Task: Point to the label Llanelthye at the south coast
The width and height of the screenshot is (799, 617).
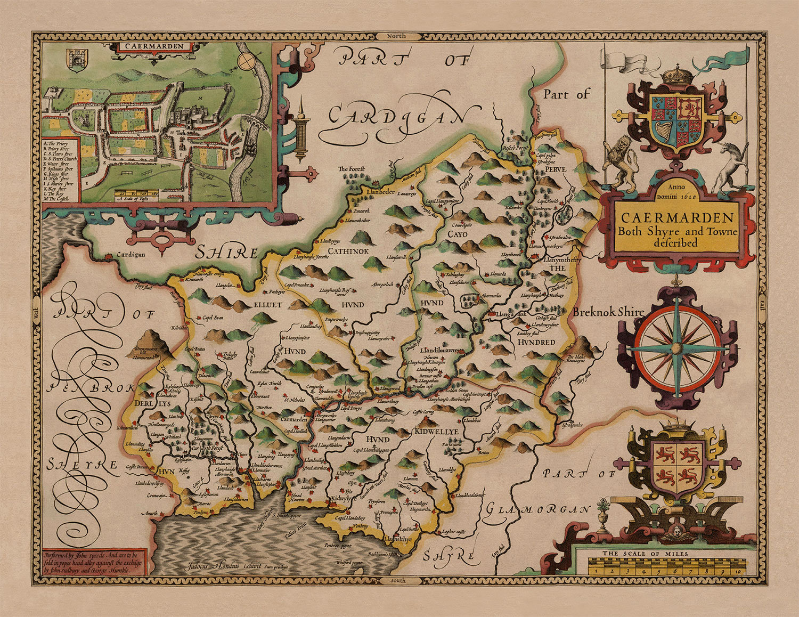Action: coord(398,539)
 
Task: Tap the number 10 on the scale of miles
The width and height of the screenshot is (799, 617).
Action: coord(737,571)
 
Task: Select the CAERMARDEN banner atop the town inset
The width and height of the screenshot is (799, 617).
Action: coord(151,46)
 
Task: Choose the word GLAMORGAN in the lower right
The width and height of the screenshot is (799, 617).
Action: coord(538,510)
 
